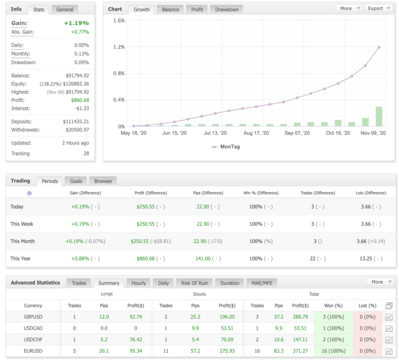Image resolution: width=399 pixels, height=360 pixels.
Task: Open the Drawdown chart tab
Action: click(x=227, y=10)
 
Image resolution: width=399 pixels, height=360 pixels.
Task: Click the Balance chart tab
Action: click(x=170, y=10)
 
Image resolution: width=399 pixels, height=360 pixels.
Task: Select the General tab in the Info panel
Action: click(x=65, y=10)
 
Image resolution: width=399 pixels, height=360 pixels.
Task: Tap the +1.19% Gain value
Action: click(x=76, y=23)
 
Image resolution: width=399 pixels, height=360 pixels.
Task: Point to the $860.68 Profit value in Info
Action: click(x=80, y=100)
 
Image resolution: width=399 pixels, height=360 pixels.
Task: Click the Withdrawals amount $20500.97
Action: click(x=77, y=130)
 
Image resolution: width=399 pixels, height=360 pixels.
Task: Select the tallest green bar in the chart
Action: click(x=379, y=117)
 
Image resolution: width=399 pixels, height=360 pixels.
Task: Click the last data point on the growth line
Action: click(x=379, y=48)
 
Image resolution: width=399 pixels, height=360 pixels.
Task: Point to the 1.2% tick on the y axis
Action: click(x=119, y=47)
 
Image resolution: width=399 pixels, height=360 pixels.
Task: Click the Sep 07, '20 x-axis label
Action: click(x=297, y=133)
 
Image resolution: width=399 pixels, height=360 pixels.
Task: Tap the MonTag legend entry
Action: click(x=225, y=147)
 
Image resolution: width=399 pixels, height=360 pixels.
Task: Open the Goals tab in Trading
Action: click(x=76, y=181)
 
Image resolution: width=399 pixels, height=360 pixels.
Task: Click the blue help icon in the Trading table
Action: click(x=29, y=193)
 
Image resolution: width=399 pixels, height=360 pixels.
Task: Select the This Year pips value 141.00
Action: click(x=203, y=259)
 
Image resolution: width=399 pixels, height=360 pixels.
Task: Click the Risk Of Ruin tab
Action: click(x=194, y=283)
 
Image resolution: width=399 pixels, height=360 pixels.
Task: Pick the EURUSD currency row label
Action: click(x=33, y=351)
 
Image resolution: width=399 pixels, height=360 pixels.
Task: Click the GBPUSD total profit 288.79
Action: click(x=300, y=317)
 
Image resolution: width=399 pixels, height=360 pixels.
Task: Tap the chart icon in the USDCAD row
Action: click(x=389, y=328)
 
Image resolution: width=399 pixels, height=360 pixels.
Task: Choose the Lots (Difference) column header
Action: click(x=371, y=193)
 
